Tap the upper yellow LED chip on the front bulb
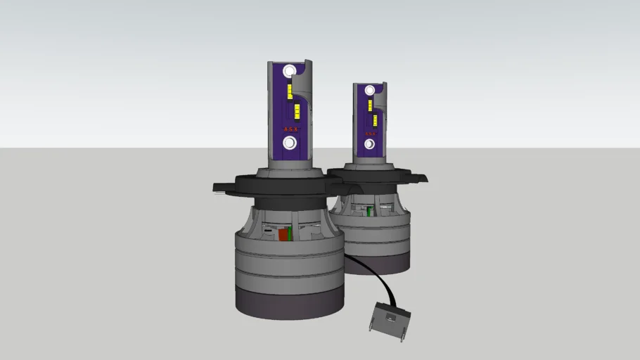pos(289,90)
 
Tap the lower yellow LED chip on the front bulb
pos(297,110)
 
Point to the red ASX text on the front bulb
pos(289,129)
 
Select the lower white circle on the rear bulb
pos(369,144)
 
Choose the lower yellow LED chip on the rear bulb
pos(374,120)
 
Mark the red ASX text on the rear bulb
pos(369,133)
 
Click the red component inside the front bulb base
pos(283,234)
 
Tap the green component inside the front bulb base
pos(290,234)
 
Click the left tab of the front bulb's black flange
pos(224,186)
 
